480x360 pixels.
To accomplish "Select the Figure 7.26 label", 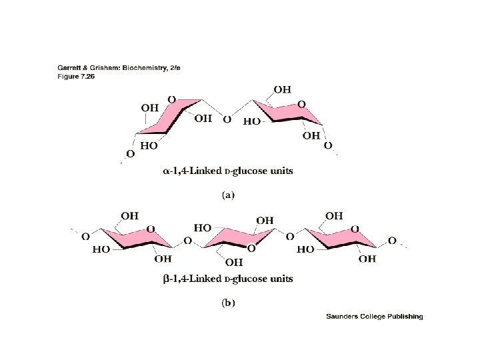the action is pyautogui.click(x=68, y=76).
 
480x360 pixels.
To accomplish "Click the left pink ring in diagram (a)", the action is pyautogui.click(x=168, y=121).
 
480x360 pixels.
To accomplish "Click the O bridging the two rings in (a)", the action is pyautogui.click(x=227, y=120).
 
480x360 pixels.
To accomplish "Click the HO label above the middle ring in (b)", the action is pyautogui.click(x=202, y=228).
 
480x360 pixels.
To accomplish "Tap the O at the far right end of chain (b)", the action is pyautogui.click(x=392, y=240).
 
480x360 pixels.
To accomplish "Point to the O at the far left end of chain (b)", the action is pyautogui.click(x=85, y=237).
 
